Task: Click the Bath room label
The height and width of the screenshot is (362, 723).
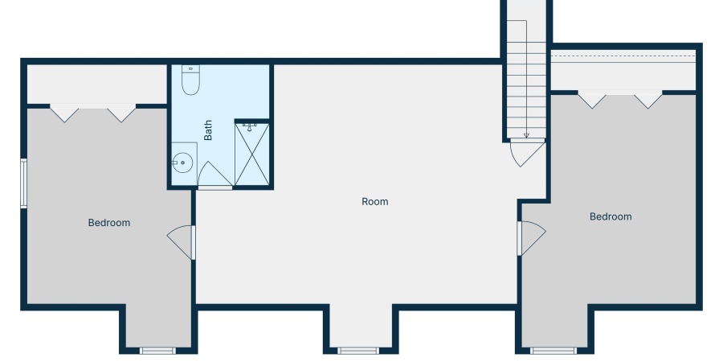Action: click(208, 130)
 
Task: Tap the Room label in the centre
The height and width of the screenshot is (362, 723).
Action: click(375, 201)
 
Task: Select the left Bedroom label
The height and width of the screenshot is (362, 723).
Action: click(109, 223)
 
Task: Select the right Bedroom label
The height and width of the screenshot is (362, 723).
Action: click(611, 216)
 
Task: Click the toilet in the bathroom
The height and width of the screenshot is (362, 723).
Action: click(190, 80)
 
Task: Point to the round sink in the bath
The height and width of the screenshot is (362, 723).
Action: click(183, 162)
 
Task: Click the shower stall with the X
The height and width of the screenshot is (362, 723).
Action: click(251, 154)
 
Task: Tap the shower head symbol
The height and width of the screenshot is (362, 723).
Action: click(250, 127)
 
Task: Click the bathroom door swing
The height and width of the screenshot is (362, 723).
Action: click(214, 175)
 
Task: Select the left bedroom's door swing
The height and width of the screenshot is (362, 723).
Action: click(182, 242)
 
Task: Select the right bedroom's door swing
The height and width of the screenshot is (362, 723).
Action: click(531, 238)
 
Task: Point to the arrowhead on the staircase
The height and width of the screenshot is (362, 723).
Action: click(526, 136)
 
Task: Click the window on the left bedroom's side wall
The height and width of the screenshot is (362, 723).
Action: click(23, 183)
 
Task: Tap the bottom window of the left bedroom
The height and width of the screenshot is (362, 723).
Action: click(157, 351)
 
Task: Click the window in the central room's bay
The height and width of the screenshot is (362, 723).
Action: click(357, 351)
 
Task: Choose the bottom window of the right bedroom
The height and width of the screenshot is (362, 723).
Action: click(553, 351)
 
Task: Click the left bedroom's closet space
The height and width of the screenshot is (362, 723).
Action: click(97, 84)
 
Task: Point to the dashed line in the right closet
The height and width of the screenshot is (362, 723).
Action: click(623, 56)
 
